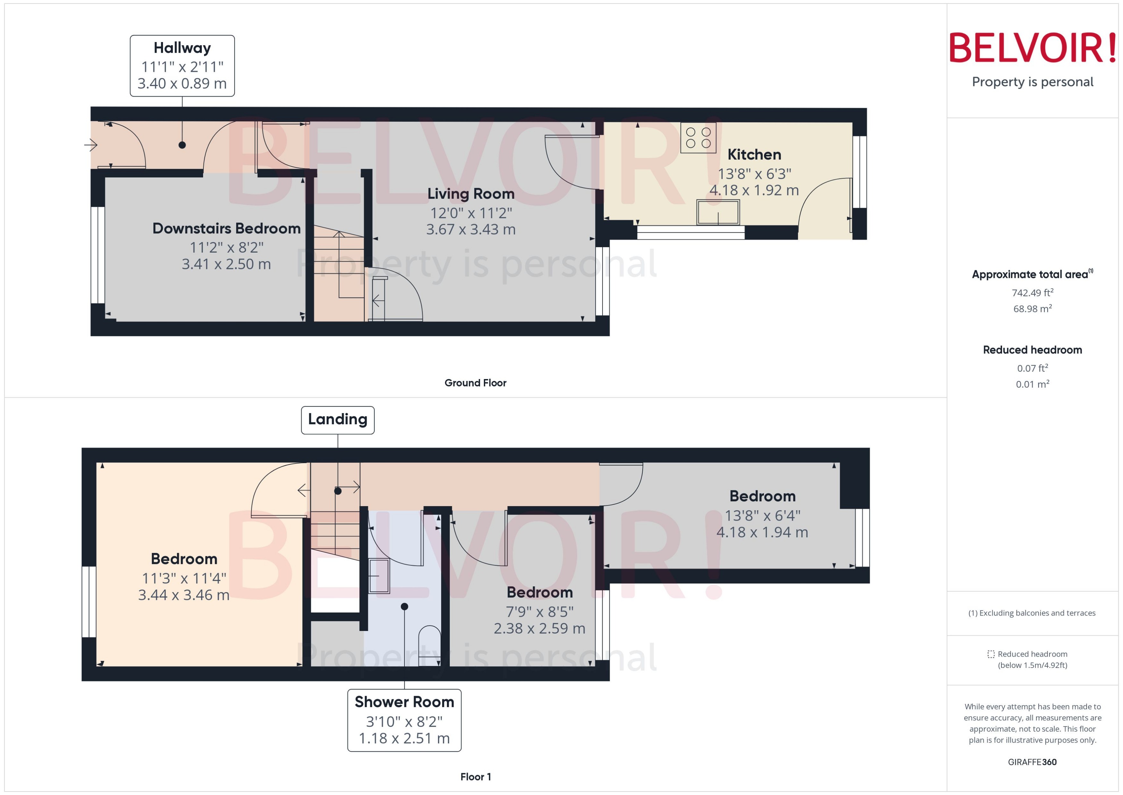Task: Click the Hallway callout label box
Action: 182,65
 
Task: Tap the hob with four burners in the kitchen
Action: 698,138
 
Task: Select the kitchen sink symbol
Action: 718,212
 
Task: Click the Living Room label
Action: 471,194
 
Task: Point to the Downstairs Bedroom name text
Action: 226,229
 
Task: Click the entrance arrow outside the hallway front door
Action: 90,145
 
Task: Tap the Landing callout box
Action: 338,419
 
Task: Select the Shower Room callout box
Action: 404,720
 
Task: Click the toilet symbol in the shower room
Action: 430,644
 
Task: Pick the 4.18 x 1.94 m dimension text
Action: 762,532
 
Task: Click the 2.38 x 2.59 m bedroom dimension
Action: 539,628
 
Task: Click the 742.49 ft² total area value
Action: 1032,293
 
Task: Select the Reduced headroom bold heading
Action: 1032,350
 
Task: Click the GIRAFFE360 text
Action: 1032,762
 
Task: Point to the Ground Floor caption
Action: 475,383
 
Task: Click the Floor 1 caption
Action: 475,777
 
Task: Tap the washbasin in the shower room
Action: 379,576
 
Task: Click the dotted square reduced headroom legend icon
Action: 991,654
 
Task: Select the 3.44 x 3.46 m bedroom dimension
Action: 184,595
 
